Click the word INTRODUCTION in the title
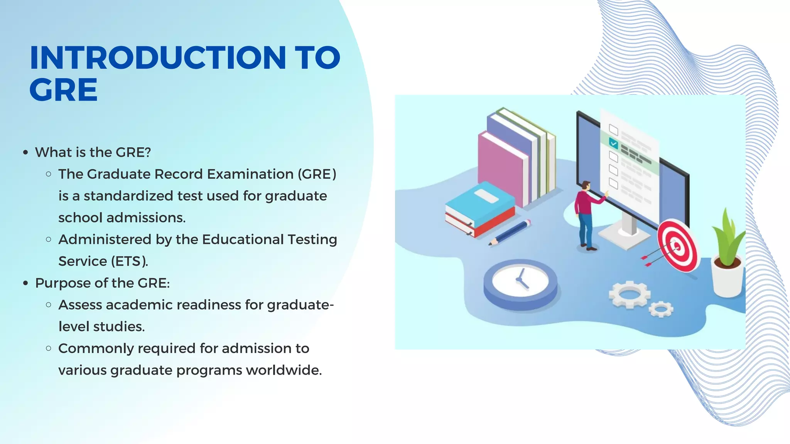(157, 58)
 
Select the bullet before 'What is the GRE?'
(25, 153)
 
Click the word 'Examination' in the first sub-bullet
(250, 174)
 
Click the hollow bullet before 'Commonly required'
(49, 348)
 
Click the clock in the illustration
(520, 284)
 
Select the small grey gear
(661, 309)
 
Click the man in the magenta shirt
(586, 216)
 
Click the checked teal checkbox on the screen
(613, 144)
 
